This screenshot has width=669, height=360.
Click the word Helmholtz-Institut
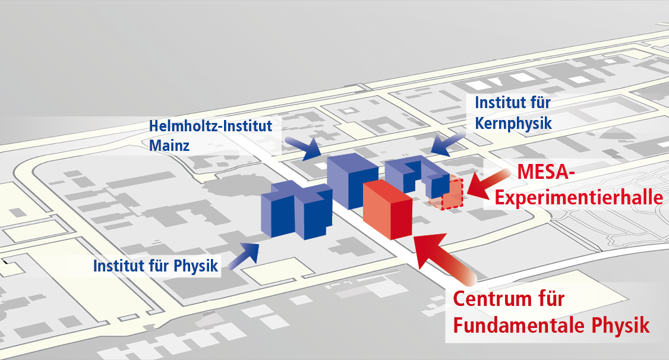coord(210,126)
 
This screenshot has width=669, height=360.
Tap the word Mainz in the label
coord(169,146)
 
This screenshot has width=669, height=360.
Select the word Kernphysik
coord(513,124)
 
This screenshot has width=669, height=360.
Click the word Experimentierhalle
coord(579,198)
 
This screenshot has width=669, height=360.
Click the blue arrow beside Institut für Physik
coord(244,256)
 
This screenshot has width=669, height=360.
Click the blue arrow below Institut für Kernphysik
coord(448,143)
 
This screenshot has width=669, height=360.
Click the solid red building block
coord(387,209)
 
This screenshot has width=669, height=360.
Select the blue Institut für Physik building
coord(296,210)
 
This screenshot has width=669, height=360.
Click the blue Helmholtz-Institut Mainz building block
coord(352,181)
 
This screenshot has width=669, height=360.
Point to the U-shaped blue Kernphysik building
coord(416,176)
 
